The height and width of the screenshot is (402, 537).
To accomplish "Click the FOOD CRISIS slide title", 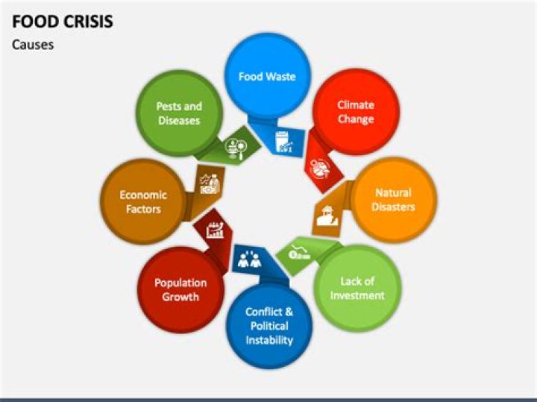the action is (x=63, y=21).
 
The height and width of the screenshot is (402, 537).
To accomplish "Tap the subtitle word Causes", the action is (x=33, y=45).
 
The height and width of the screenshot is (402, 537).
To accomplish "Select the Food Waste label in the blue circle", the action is (x=267, y=76).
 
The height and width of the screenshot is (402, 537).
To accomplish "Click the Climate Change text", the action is (x=356, y=112).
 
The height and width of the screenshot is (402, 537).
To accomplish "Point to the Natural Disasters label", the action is (x=393, y=200).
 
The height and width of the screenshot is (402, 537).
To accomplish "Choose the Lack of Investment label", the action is (x=357, y=289).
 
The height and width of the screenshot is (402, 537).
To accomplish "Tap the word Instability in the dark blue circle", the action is (x=269, y=340).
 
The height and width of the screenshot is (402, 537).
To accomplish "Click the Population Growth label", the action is (x=180, y=289).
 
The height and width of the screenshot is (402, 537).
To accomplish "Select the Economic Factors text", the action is (x=143, y=202).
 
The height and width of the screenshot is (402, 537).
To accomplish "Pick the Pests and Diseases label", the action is (x=179, y=113).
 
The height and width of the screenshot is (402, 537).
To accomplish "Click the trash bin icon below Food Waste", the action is (x=284, y=142).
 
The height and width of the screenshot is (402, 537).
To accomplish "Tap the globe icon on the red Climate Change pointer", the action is (x=320, y=168).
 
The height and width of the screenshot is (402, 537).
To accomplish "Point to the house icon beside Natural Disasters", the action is (x=327, y=216).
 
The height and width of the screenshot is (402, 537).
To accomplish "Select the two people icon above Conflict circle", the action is (x=249, y=260).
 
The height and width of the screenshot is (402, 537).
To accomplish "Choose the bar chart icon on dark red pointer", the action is (x=216, y=230).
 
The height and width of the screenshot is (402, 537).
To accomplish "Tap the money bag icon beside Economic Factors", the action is (x=210, y=184).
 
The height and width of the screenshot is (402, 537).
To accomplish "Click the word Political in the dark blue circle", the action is (x=269, y=326).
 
